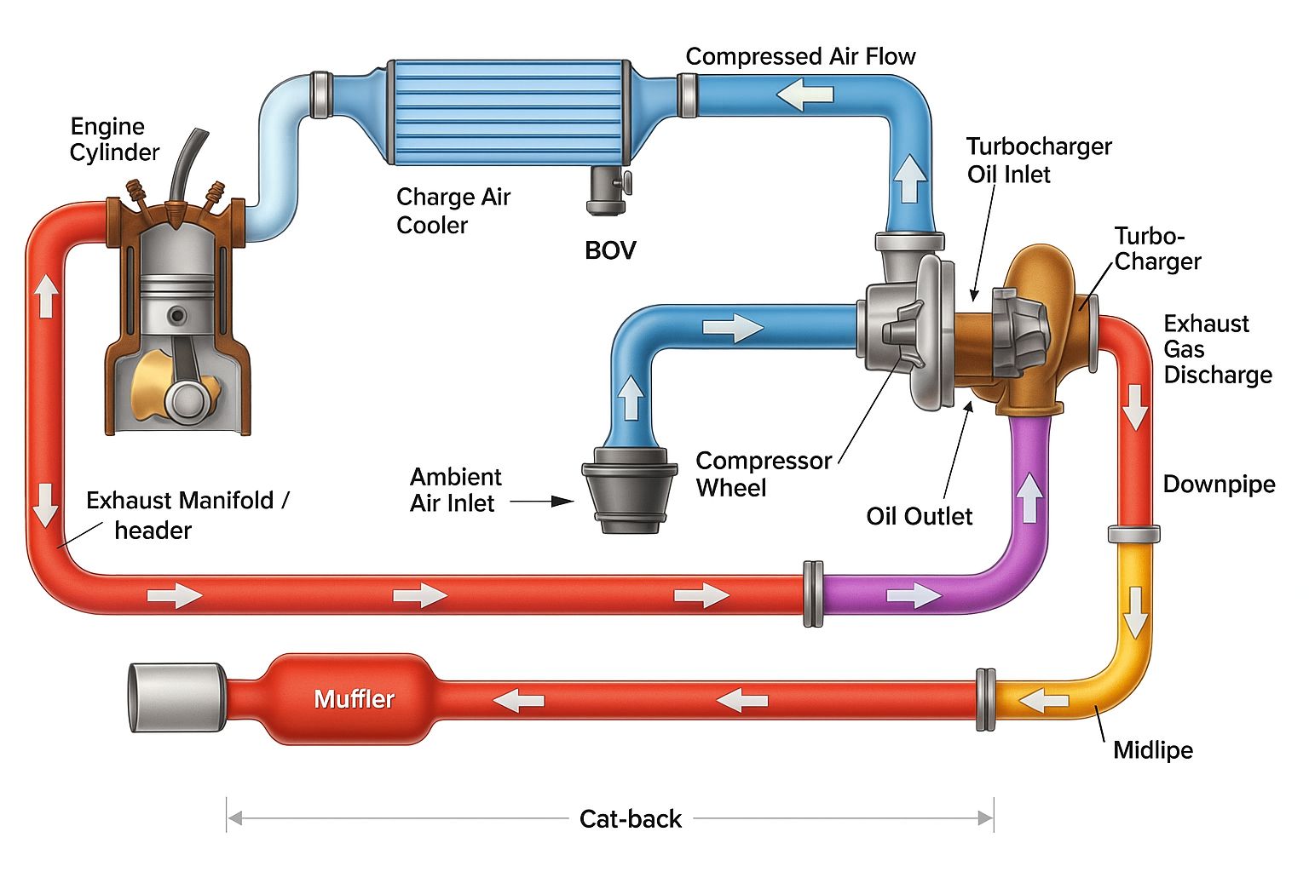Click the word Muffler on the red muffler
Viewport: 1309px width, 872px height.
coord(355,699)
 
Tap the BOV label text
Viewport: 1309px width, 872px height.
coord(610,250)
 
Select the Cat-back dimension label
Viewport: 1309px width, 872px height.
coord(631,819)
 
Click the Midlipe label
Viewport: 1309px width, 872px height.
coord(1152,750)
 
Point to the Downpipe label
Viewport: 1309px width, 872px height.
coord(1219,485)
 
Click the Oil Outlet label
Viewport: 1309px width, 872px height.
coord(920,516)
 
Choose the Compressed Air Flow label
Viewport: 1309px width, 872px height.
coord(800,57)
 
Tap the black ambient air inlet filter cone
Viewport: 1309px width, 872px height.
coord(630,490)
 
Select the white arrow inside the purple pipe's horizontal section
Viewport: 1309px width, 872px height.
coord(914,596)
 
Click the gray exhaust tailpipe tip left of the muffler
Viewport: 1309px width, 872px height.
coord(177,697)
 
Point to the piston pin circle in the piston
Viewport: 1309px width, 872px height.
coord(177,316)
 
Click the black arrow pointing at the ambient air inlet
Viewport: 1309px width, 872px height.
coord(542,501)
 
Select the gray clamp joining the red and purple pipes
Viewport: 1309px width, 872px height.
coord(813,594)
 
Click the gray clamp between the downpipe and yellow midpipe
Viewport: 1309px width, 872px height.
coord(1133,534)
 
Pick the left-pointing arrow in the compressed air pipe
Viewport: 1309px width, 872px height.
coord(805,95)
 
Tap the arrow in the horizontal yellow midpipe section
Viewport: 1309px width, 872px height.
coord(1044,700)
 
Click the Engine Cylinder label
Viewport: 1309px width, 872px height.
coord(114,140)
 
